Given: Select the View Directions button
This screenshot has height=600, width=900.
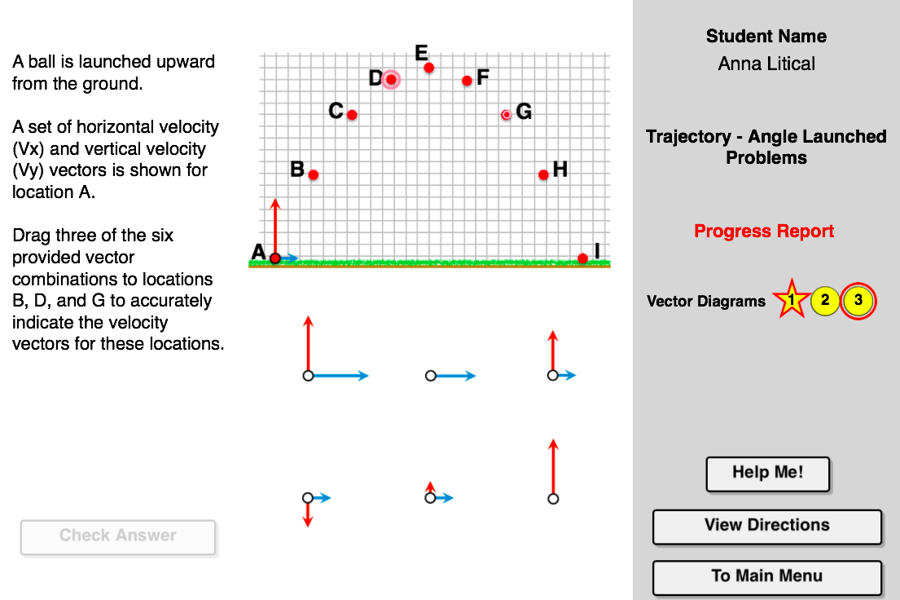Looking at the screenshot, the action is pos(767,527).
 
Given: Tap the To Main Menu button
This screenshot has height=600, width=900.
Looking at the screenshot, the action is pos(767,578).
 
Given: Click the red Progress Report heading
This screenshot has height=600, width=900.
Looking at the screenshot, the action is pos(763,231).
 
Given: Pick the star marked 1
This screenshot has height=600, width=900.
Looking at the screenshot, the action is pos(792,300).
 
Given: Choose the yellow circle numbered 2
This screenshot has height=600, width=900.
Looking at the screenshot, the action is pos(825,301).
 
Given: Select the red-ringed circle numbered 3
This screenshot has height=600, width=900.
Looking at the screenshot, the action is pos(858,301).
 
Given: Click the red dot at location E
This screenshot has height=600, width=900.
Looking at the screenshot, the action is pos(428,68).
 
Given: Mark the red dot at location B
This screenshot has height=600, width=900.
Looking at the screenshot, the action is pos(314,174).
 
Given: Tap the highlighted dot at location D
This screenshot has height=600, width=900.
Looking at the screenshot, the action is pos(391,79).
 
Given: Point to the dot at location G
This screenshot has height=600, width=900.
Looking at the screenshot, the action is pos(506,115).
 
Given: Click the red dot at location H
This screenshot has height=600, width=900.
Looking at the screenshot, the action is pos(543,174).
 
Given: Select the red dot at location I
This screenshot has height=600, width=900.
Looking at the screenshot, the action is pos(582,258).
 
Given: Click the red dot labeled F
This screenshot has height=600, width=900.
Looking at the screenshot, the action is pos(468,81).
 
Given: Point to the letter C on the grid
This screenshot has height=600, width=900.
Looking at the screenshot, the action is pos(336,110).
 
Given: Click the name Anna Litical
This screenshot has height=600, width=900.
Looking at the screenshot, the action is pos(766,64).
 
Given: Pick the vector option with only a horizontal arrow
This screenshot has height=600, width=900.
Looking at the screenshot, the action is pos(450,376).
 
